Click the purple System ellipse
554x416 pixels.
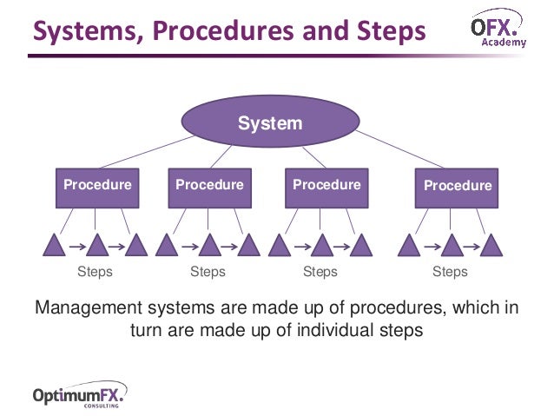pyautogui.click(x=270, y=123)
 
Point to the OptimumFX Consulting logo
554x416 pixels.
pyautogui.click(x=79, y=395)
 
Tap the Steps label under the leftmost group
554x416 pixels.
pyautogui.click(x=95, y=272)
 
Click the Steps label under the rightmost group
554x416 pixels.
pyautogui.click(x=450, y=272)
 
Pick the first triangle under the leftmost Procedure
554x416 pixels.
pyautogui.click(x=54, y=246)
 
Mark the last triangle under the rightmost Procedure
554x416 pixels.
pyautogui.click(x=491, y=246)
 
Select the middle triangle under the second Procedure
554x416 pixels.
pyautogui.click(x=208, y=246)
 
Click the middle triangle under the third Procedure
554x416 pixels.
pyautogui.click(x=322, y=246)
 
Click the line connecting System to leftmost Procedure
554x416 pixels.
pyautogui.click(x=145, y=153)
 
